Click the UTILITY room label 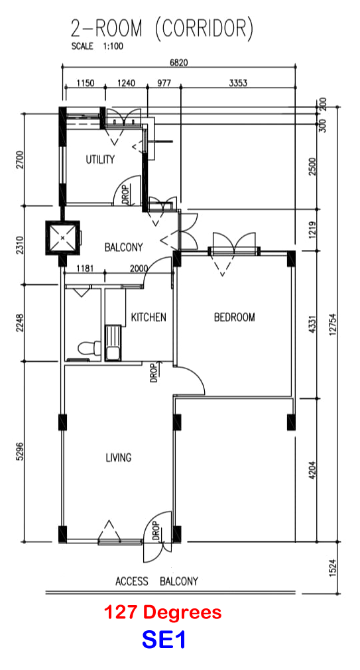(x=100, y=160)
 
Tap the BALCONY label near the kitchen (x=123, y=247)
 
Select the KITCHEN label (x=149, y=317)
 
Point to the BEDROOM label (x=234, y=317)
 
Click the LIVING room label (x=119, y=458)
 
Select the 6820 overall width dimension (x=179, y=62)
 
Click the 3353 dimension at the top (x=238, y=83)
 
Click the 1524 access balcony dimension (x=333, y=569)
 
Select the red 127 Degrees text (x=163, y=612)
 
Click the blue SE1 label (x=164, y=640)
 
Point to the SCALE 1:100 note (x=97, y=46)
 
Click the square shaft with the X (x=63, y=237)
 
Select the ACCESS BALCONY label (x=157, y=581)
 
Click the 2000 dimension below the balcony (x=138, y=268)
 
